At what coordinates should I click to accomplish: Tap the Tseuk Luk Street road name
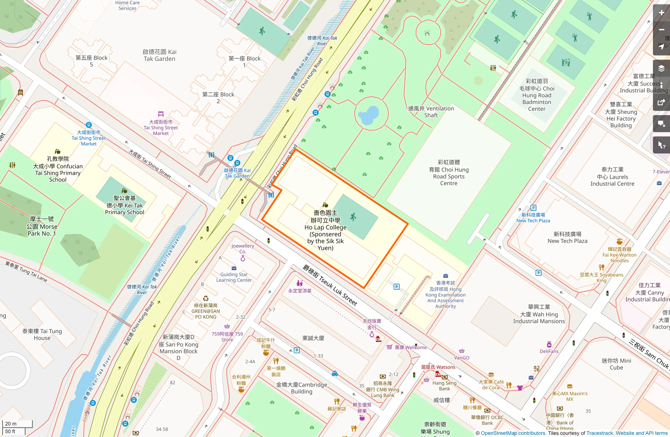tap(330, 285)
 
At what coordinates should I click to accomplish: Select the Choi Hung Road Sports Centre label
tap(448, 173)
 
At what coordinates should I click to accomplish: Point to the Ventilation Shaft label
tap(431, 112)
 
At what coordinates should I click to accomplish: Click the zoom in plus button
tap(661, 13)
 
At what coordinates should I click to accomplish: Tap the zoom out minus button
tap(661, 30)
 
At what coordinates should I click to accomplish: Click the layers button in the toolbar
tap(661, 68)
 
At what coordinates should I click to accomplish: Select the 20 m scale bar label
tap(11, 423)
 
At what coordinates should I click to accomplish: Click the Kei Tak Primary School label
tap(124, 205)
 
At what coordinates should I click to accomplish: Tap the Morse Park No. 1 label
tap(42, 226)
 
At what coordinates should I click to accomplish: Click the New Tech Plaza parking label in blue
tap(533, 218)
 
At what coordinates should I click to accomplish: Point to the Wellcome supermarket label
tap(410, 347)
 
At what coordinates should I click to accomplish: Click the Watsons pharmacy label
tap(438, 367)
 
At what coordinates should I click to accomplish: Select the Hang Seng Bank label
tap(445, 385)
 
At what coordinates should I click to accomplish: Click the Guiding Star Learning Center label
tap(234, 277)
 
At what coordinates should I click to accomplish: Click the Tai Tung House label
tap(42, 334)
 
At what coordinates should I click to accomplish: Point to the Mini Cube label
tap(616, 364)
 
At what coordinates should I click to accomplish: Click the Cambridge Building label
tap(302, 388)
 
